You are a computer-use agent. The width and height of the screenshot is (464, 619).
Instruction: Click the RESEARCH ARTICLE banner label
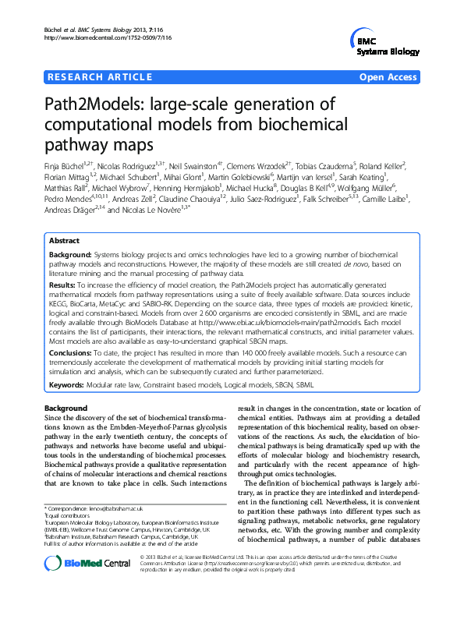coord(100,76)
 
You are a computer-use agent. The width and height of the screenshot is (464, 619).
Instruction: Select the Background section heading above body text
coord(66,409)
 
